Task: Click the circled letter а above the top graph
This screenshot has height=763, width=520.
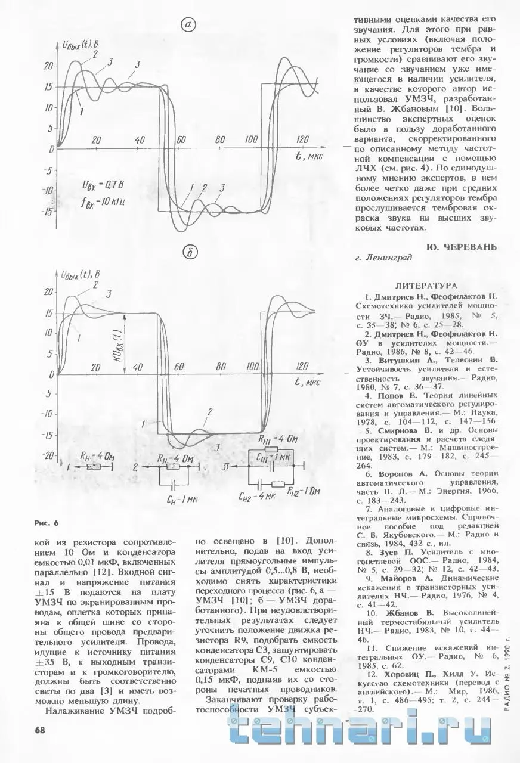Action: (188, 24)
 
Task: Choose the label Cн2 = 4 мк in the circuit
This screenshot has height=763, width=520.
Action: (257, 496)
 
